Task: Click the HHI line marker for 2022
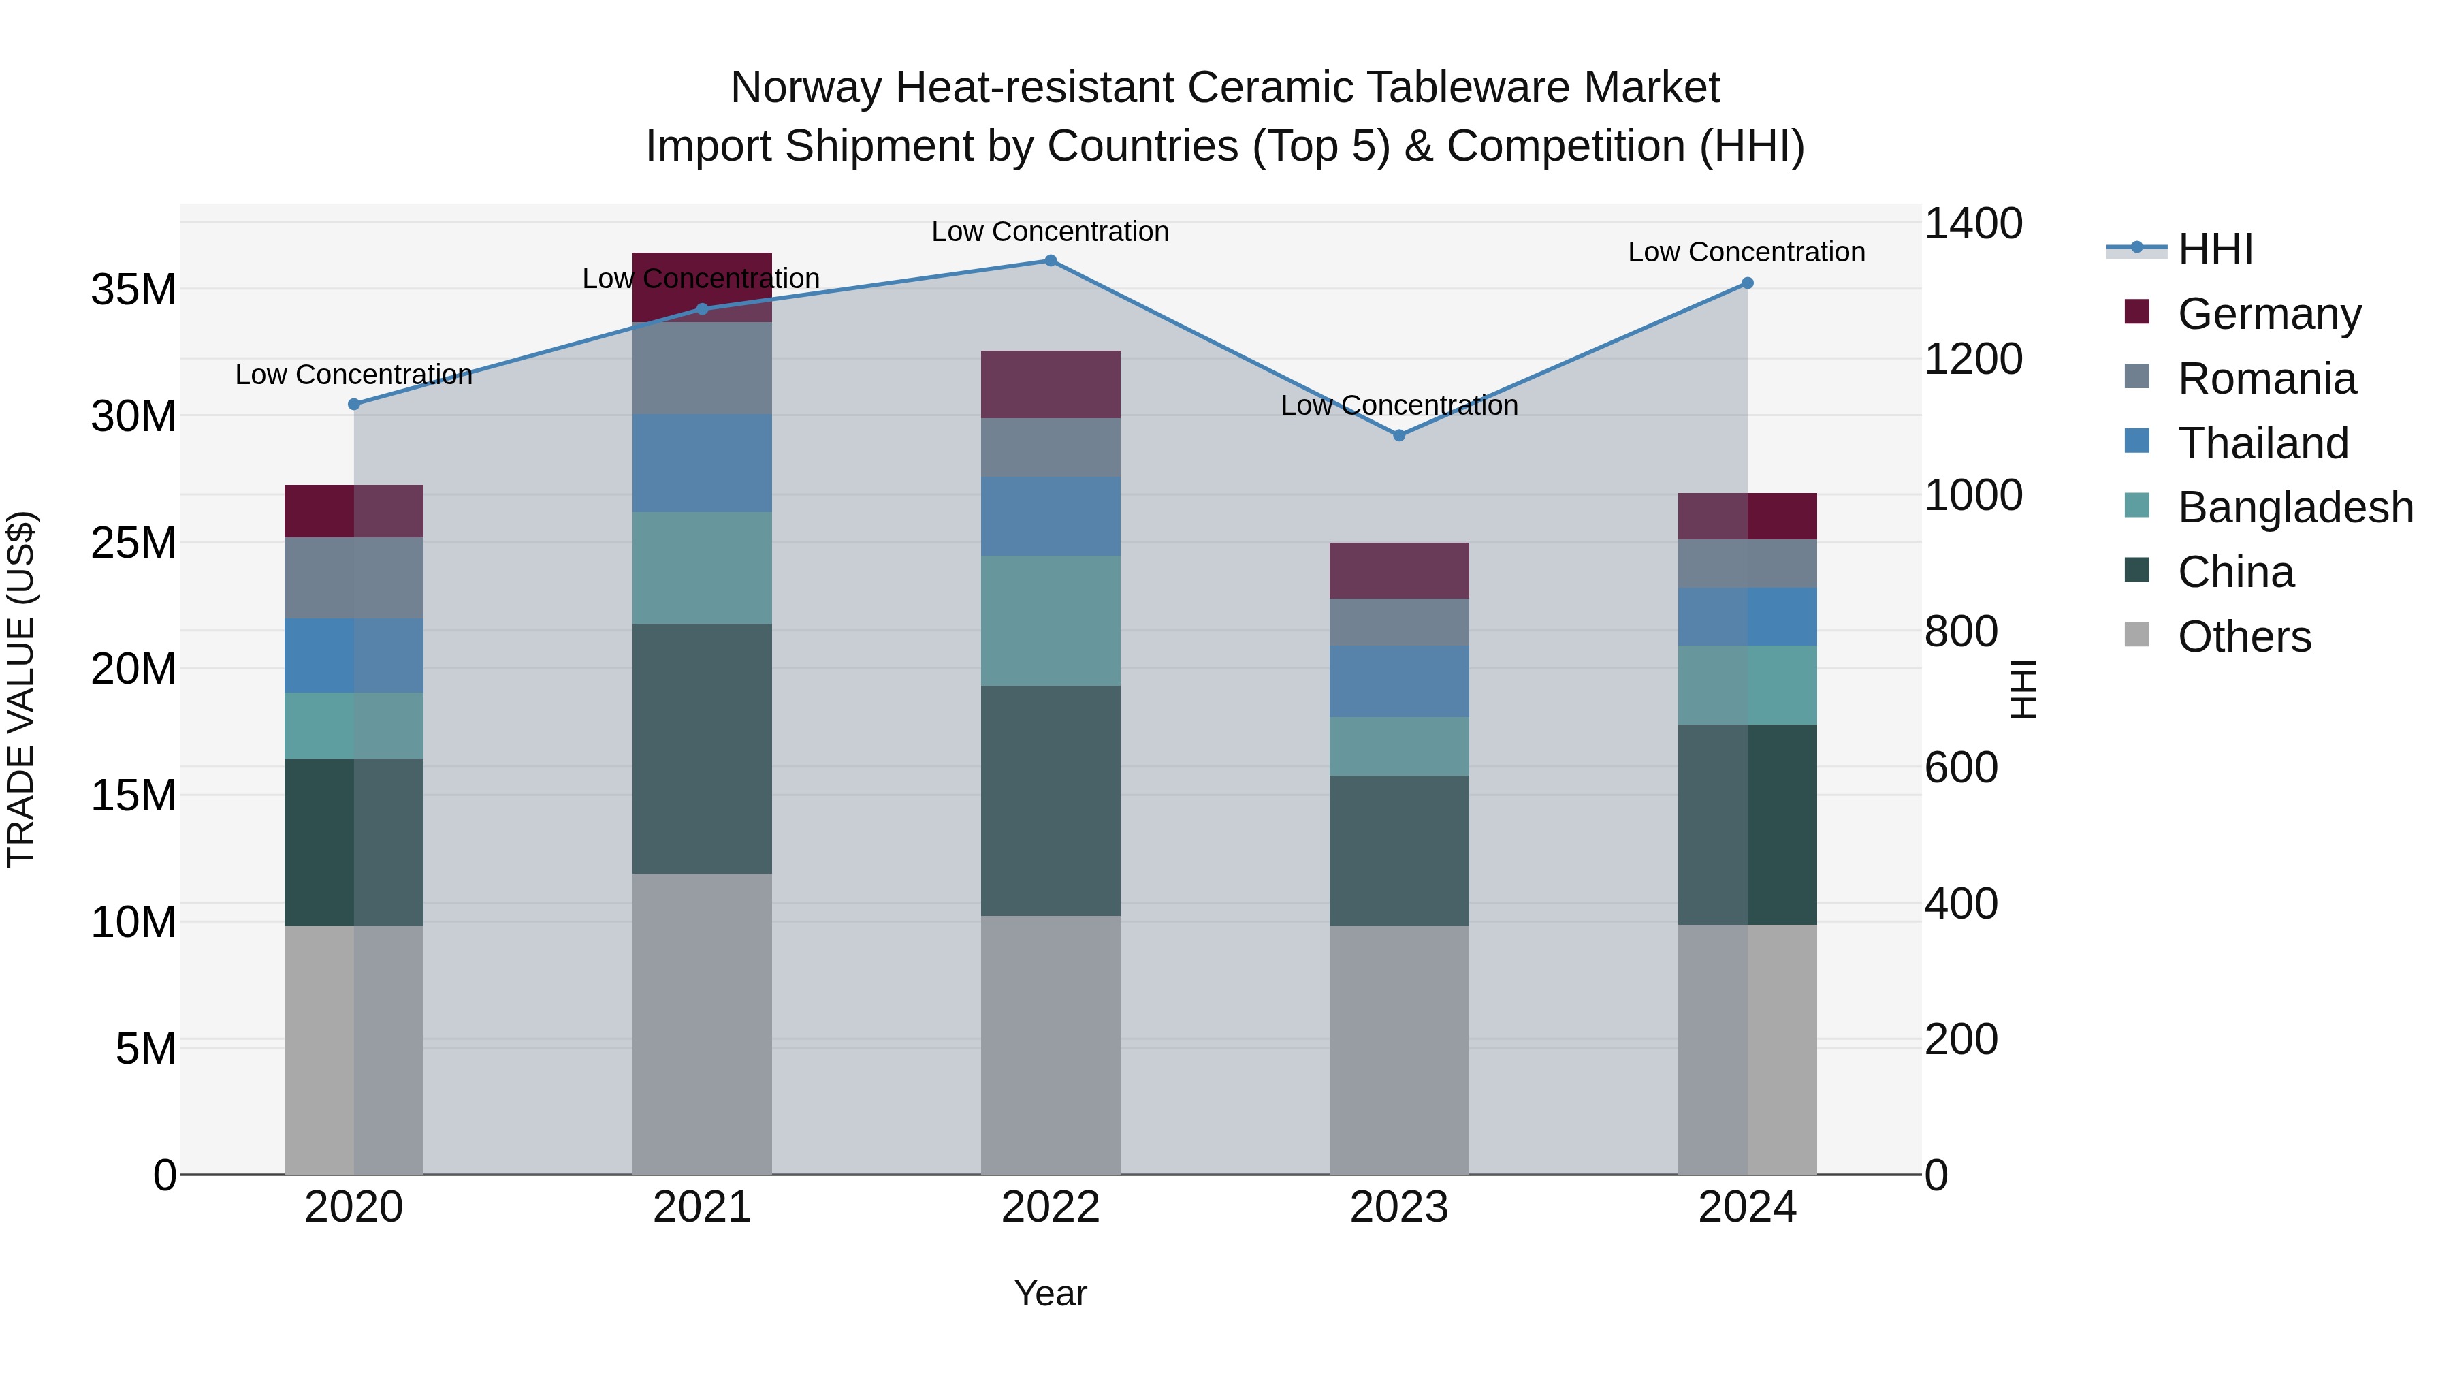(x=1051, y=261)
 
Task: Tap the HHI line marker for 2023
(x=1398, y=436)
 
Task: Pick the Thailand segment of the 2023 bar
(x=1398, y=682)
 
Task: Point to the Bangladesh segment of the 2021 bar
(x=702, y=568)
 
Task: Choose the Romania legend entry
(x=2266, y=379)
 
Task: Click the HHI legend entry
(x=2215, y=249)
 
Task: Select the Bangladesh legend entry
(x=2295, y=507)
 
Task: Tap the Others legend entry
(x=2243, y=637)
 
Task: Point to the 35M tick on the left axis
(x=133, y=289)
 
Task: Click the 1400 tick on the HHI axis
(x=1973, y=223)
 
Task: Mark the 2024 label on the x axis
(x=1747, y=1207)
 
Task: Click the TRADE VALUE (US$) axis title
(x=21, y=689)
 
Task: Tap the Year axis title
(x=1051, y=1293)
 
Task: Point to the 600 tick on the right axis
(x=1961, y=767)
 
